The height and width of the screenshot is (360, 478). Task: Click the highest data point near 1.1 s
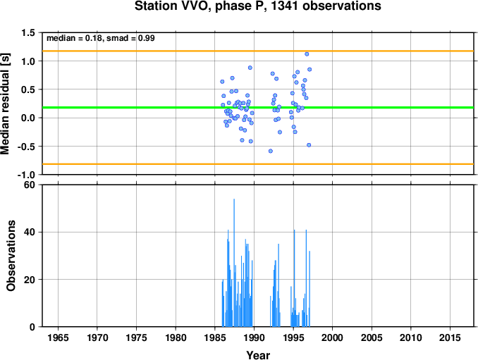(x=307, y=54)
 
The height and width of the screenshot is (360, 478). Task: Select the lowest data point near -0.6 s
(x=271, y=151)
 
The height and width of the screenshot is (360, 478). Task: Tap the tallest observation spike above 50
(x=234, y=263)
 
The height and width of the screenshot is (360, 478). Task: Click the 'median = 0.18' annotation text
(x=74, y=38)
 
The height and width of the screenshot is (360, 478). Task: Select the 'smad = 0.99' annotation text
(x=130, y=38)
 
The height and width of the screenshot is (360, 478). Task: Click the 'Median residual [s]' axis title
(x=5, y=104)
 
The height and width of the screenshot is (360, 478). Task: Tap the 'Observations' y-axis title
(x=11, y=256)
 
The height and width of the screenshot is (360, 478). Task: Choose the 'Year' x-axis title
(x=258, y=355)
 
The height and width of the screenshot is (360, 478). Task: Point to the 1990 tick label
(x=254, y=337)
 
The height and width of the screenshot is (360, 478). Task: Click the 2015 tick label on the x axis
(x=450, y=337)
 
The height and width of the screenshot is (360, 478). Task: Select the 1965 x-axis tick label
(x=58, y=337)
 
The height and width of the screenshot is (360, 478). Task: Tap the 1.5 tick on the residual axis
(x=28, y=32)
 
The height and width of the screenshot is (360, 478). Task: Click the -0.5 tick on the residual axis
(x=26, y=147)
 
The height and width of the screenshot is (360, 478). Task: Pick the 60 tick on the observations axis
(x=30, y=185)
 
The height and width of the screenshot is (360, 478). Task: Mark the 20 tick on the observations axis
(x=30, y=280)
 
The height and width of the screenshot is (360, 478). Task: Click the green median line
(x=258, y=108)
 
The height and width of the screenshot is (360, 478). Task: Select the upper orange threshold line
(x=258, y=51)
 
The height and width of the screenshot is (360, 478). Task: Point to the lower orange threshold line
(x=258, y=164)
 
